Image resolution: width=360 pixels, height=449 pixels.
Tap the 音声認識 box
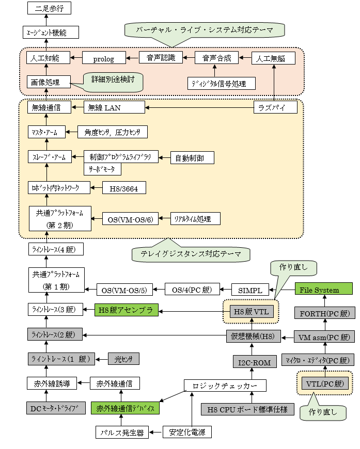coord(161,57)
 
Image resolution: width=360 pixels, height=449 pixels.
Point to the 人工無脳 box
coord(273,58)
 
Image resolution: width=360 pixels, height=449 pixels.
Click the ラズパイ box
coord(276,107)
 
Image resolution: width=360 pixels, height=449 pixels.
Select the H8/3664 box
coord(124,188)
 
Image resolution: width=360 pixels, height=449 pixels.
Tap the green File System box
coord(323,289)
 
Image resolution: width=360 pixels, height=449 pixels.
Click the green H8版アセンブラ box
coord(126,310)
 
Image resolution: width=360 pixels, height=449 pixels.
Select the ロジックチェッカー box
coord(225,386)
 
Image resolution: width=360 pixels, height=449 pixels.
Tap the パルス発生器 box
coord(121,432)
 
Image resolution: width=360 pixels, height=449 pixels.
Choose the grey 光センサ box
coord(123,359)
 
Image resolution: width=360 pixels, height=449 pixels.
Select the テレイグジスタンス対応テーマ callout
coord(189,254)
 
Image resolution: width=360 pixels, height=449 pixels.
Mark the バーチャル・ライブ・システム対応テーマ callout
coord(205,29)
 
